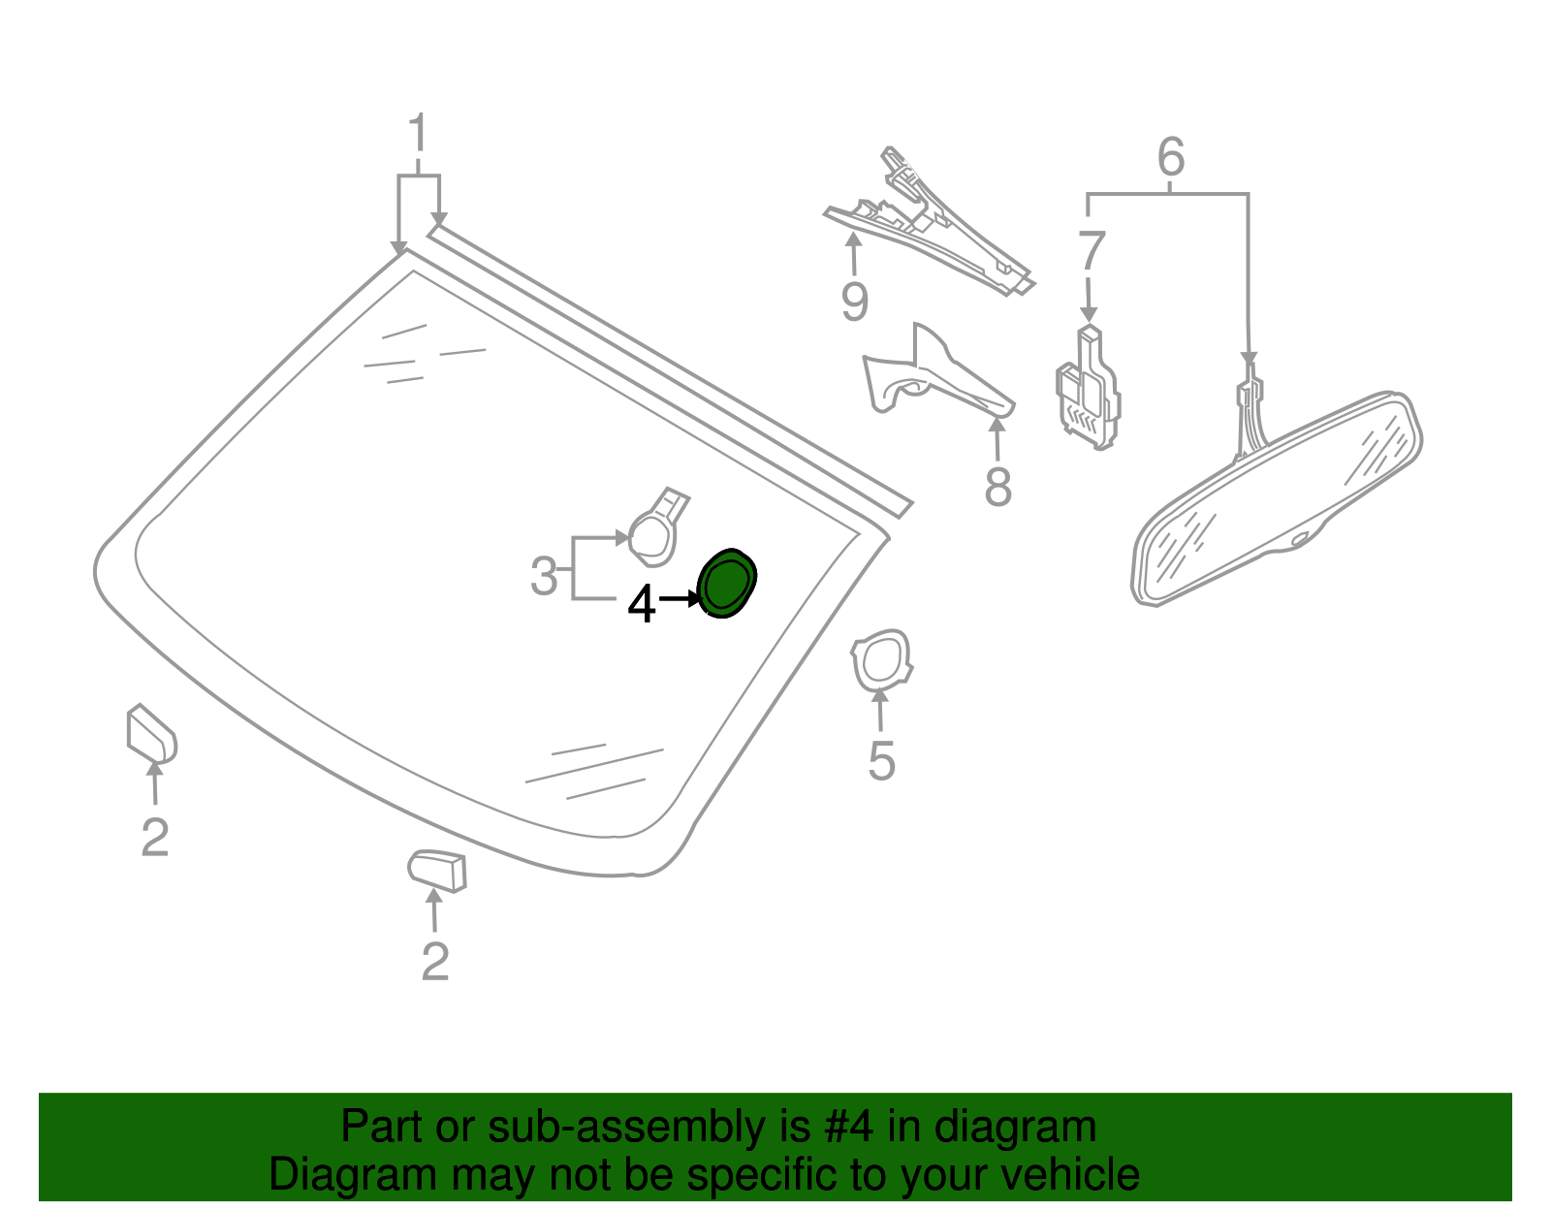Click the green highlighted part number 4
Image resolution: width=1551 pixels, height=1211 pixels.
click(x=726, y=583)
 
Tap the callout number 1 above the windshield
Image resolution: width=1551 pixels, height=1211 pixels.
click(x=418, y=135)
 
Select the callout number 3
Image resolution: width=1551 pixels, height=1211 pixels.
click(x=544, y=577)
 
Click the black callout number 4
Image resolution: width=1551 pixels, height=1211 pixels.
click(x=642, y=604)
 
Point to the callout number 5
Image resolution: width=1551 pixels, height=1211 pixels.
click(x=880, y=761)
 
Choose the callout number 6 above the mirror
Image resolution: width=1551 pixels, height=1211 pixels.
click(x=1171, y=157)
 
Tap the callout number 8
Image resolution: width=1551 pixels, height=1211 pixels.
click(x=997, y=487)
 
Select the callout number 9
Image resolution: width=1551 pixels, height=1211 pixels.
click(x=854, y=302)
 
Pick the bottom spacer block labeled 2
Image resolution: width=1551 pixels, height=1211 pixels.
click(x=438, y=869)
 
